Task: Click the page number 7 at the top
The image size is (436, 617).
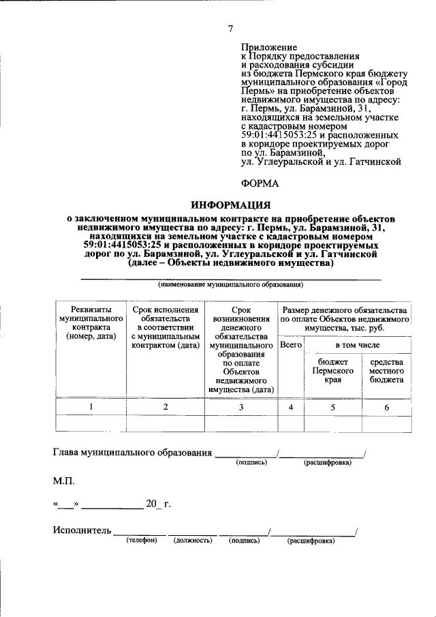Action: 231,28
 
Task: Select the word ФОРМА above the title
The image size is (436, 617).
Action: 260,183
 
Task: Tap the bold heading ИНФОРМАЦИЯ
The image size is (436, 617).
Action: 231,205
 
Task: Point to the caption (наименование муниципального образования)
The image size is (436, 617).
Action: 231,284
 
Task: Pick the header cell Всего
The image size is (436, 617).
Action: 291,346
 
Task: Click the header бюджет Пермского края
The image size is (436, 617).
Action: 332,371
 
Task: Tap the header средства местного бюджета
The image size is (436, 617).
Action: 386,371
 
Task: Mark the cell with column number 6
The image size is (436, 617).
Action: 386,407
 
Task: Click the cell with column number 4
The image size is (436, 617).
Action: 291,407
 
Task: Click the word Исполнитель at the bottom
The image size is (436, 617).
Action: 82,530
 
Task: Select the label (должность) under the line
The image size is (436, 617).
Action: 193,541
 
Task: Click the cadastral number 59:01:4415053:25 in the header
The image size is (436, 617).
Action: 282,136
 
